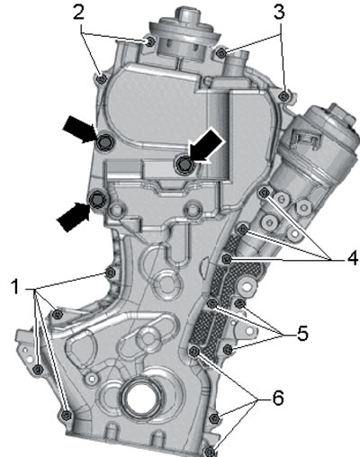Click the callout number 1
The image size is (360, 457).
[x=14, y=286]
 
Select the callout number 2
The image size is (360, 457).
[x=78, y=13]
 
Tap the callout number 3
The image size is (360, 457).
[x=279, y=13]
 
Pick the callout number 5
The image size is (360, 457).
[x=302, y=334]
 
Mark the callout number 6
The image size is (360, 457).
[x=278, y=399]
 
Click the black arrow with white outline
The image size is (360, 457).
[x=205, y=147]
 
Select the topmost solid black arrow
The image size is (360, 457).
[x=79, y=129]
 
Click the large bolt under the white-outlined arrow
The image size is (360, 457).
[x=183, y=165]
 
